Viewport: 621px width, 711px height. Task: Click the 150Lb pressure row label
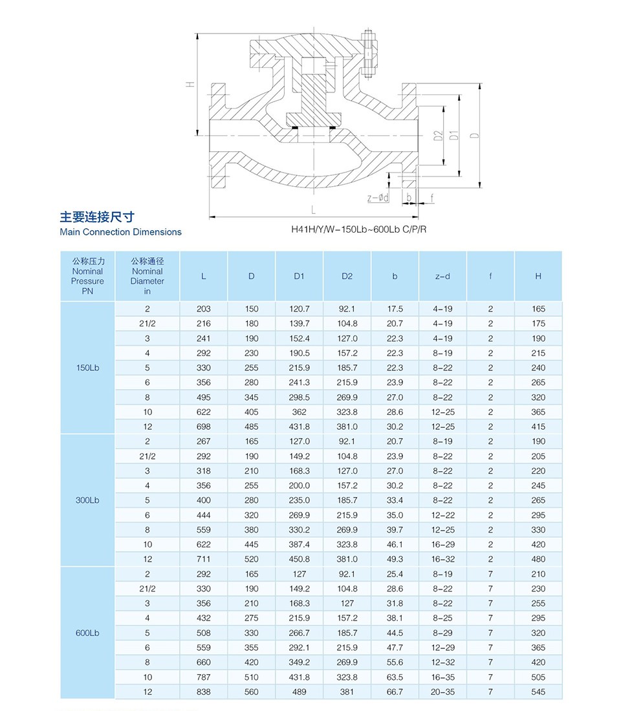click(87, 367)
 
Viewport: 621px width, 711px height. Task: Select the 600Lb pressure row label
click(87, 633)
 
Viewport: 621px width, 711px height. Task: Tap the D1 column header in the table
click(299, 276)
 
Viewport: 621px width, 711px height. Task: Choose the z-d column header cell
click(442, 276)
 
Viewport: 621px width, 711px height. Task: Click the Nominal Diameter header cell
click(147, 276)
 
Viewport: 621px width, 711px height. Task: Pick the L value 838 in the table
click(204, 692)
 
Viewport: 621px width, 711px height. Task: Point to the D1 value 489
click(299, 692)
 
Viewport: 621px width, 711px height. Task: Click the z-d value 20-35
click(442, 692)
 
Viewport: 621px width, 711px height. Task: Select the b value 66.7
click(395, 692)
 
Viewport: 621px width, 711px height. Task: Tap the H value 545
click(538, 692)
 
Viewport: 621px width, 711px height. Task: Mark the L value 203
click(204, 309)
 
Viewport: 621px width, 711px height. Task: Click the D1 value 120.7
click(299, 309)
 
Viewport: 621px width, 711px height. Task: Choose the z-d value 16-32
click(442, 559)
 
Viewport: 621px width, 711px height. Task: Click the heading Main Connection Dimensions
click(120, 232)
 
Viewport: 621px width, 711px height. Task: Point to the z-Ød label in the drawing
click(378, 198)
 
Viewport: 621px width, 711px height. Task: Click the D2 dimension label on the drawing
click(438, 136)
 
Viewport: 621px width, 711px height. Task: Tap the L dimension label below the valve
click(313, 210)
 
